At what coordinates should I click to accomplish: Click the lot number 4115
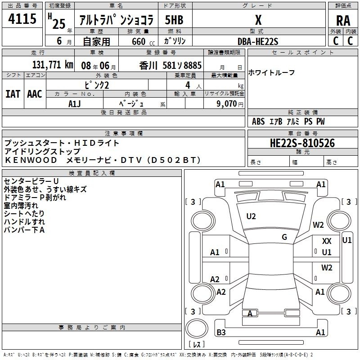[x=22, y=18]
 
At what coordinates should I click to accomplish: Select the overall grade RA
[x=343, y=21]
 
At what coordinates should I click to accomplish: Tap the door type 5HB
[x=174, y=20]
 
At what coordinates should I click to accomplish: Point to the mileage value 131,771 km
[x=53, y=65]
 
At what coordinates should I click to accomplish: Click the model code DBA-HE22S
[x=258, y=41]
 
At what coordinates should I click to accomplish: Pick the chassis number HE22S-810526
[x=302, y=143]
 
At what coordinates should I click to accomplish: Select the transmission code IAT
[x=13, y=94]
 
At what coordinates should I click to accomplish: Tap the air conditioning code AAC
[x=35, y=94]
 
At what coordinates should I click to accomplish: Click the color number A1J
[x=74, y=104]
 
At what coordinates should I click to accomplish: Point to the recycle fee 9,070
[x=226, y=104]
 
